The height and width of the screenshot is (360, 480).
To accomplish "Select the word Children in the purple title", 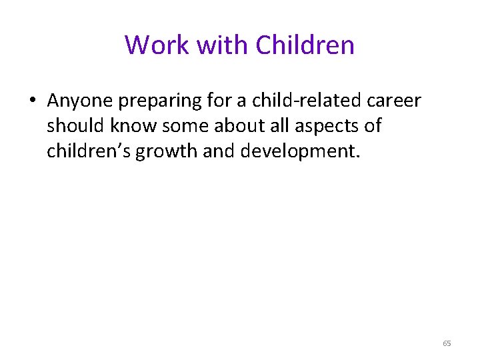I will [x=305, y=45].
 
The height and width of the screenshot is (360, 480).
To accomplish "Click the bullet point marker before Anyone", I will [x=33, y=101].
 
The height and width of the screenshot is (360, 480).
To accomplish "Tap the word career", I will [x=395, y=101].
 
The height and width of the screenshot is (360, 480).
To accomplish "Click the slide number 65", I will [x=446, y=343].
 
